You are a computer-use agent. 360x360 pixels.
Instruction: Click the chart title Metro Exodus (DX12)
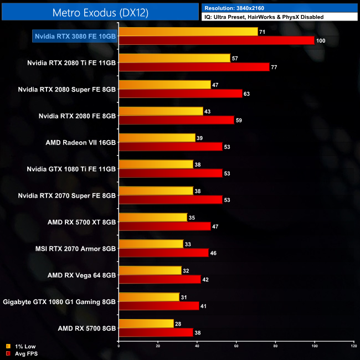point(100,12)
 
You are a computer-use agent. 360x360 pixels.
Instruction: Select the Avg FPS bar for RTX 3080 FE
point(217,40)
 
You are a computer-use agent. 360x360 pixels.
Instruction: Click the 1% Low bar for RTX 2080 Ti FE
point(174,58)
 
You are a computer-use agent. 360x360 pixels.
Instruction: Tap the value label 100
point(321,40)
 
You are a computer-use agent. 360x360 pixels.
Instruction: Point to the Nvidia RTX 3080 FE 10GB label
point(75,36)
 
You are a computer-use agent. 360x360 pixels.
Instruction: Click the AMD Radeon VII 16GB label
point(81,142)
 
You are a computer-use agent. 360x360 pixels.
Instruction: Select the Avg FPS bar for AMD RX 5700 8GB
point(156,333)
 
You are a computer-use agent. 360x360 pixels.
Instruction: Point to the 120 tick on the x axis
point(353,346)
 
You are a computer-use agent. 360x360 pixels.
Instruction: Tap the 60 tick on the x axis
point(236,346)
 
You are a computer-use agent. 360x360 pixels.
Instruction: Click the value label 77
point(274,67)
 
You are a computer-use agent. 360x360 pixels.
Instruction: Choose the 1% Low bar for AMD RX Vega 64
point(150,271)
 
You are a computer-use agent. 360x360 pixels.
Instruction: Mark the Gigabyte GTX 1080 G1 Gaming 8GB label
point(59,302)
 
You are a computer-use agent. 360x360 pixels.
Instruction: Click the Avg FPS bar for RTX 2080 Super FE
point(181,94)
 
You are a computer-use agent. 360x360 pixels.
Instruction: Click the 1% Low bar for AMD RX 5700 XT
point(153,218)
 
